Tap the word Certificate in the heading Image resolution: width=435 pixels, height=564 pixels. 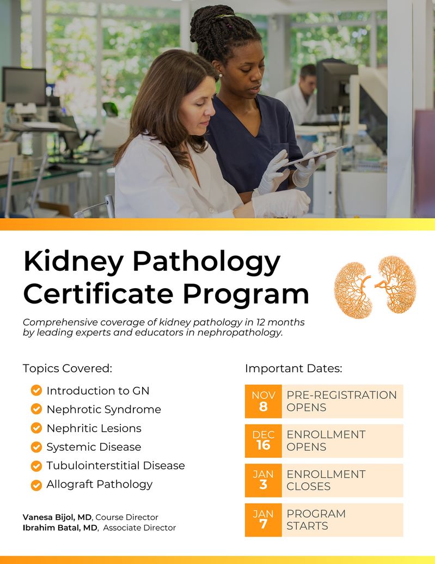point(98,294)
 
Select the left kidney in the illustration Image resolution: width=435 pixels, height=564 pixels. point(352,290)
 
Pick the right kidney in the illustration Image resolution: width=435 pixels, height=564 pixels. point(396,284)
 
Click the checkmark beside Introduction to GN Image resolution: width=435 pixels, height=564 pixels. point(36,390)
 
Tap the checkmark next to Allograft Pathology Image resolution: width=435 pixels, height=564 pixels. point(36,485)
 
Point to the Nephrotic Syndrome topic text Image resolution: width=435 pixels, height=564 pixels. point(104,409)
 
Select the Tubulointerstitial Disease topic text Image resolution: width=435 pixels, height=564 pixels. point(116,465)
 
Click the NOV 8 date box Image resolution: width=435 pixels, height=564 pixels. point(263,402)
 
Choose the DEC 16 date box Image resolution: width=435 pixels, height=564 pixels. point(263,441)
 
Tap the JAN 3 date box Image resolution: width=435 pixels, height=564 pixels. point(263,481)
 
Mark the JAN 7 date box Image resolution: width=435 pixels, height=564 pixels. point(263,520)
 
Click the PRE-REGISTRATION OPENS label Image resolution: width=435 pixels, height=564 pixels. point(341,401)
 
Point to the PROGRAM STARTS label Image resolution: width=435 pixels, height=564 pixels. point(316,520)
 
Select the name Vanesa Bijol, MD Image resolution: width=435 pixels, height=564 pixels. point(57,517)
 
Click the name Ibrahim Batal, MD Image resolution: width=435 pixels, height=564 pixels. point(60,527)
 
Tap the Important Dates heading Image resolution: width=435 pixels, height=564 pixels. point(293,368)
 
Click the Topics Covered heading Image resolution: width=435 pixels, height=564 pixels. point(68,368)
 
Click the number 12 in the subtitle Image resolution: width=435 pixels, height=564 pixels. point(249,322)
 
